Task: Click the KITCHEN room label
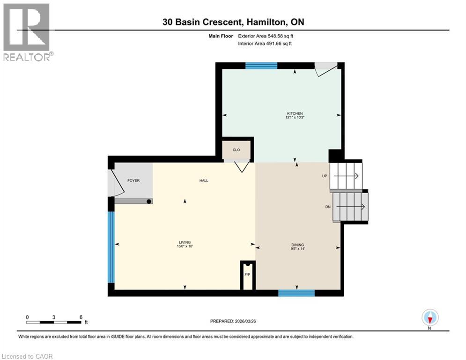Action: [x=295, y=113]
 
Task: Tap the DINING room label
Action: [x=297, y=245]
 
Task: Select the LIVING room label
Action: [x=185, y=242]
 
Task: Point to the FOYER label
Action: [x=133, y=180]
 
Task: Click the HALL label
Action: [x=204, y=180]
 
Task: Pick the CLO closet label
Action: [x=236, y=150]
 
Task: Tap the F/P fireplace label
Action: [x=247, y=275]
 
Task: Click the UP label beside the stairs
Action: [x=325, y=176]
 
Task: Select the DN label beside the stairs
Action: [x=328, y=207]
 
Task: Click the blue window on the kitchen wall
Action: [x=261, y=66]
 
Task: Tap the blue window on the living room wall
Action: [x=111, y=247]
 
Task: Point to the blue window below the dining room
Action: [x=296, y=293]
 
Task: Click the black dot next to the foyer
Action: [x=149, y=202]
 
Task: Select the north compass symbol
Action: [x=430, y=318]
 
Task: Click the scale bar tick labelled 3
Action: [x=54, y=317]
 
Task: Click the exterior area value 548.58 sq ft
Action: [x=281, y=36]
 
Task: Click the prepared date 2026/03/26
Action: [x=245, y=321]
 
